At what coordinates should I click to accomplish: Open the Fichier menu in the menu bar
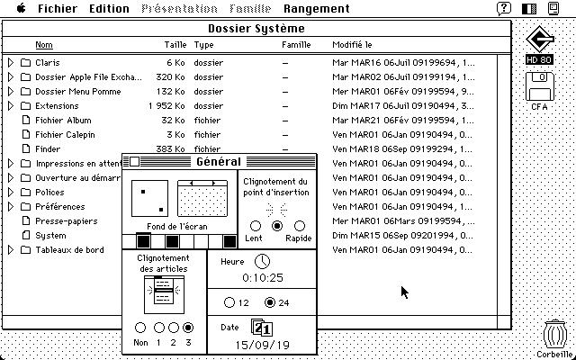click(x=57, y=9)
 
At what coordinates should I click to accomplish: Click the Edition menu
click(x=110, y=9)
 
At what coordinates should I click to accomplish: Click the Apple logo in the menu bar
click(x=21, y=9)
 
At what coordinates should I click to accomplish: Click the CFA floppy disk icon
click(x=540, y=89)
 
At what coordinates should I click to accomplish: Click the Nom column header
click(x=43, y=45)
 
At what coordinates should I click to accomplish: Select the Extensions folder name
click(x=57, y=106)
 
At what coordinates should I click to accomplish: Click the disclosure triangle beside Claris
click(x=11, y=63)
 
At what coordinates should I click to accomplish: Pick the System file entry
click(x=50, y=236)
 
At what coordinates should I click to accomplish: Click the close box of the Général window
click(x=133, y=162)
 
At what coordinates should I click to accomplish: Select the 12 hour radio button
click(x=229, y=302)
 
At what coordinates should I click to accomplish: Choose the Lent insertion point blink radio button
click(x=256, y=226)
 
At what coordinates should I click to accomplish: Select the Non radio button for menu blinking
click(x=140, y=328)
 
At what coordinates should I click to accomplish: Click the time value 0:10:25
click(x=263, y=278)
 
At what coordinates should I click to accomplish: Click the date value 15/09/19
click(x=263, y=345)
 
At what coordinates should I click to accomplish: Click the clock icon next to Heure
click(x=261, y=260)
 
